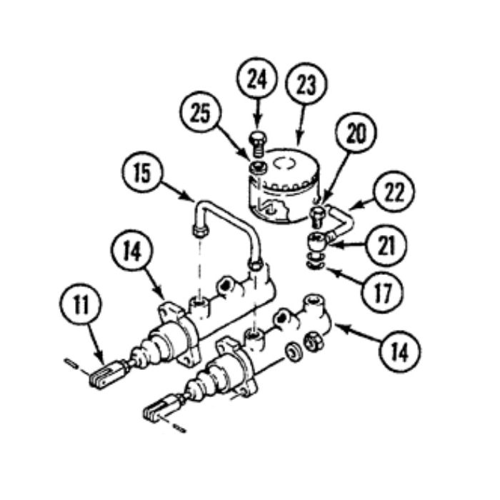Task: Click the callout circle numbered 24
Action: tap(257, 79)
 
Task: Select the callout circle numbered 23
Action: tap(306, 84)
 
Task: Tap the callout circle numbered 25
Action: tap(200, 112)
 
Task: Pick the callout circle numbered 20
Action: tap(356, 133)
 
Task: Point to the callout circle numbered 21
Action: tap(386, 245)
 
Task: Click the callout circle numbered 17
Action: tap(381, 292)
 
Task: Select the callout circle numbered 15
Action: tap(142, 172)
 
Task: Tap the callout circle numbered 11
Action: tap(80, 304)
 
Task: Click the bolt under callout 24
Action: tap(258, 144)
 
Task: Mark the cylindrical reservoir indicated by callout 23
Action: tap(284, 186)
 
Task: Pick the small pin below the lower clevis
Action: tap(179, 428)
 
